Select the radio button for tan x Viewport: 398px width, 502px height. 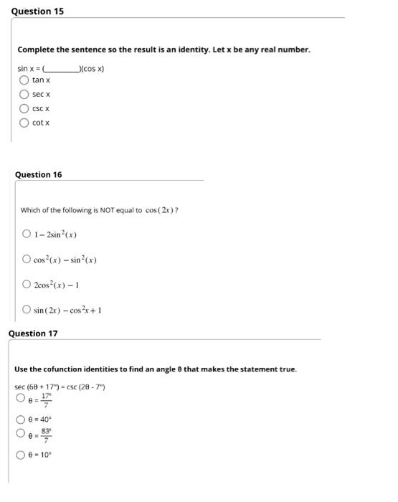[x=24, y=80]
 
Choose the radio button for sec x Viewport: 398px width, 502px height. [x=24, y=94]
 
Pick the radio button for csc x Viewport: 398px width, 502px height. [x=24, y=108]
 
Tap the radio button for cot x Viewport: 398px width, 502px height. [x=24, y=123]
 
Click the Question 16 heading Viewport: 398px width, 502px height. [x=38, y=174]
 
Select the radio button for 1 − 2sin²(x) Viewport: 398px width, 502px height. [x=27, y=234]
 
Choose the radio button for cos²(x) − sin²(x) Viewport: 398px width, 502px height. [x=27, y=259]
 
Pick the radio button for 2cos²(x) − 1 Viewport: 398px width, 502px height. [x=27, y=284]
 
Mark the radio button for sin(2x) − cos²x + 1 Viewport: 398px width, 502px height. [x=27, y=310]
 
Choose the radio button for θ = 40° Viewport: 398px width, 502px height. [x=22, y=420]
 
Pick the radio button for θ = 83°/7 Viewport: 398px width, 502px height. [x=22, y=434]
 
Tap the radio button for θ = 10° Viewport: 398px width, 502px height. [x=22, y=455]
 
